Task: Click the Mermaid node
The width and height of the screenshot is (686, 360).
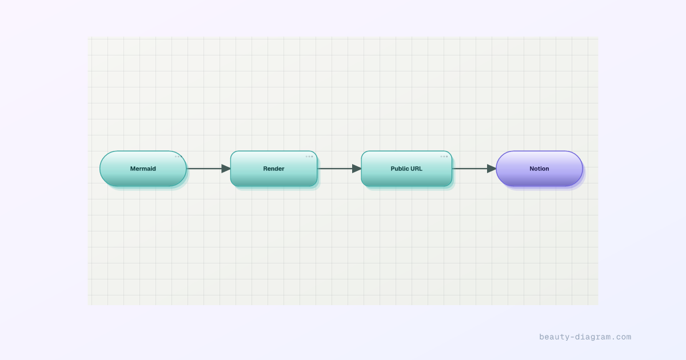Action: pos(143,169)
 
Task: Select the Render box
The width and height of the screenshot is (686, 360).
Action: pos(274,169)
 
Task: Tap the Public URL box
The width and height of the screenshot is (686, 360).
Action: pos(406,169)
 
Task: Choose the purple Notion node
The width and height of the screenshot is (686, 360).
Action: pos(539,169)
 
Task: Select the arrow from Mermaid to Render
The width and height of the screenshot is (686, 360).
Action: pos(209,169)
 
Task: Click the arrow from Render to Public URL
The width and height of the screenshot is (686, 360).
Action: pos(340,169)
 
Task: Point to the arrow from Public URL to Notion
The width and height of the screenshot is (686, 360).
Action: pos(474,169)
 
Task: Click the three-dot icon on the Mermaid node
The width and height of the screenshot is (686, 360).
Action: pos(178,157)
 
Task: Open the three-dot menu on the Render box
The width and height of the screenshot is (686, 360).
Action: pos(309,157)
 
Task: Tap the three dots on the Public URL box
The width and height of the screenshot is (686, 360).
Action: pos(444,157)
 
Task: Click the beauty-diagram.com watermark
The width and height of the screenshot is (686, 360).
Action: pos(585,337)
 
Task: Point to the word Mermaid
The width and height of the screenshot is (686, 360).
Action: pos(143,169)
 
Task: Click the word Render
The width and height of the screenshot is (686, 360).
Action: pos(274,169)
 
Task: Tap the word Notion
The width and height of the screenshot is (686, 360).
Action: pos(539,169)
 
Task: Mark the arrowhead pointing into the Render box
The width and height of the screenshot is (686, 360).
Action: pos(226,169)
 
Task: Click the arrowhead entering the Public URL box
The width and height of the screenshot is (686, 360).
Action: pos(357,169)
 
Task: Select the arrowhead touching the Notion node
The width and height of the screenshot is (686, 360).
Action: pos(492,169)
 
